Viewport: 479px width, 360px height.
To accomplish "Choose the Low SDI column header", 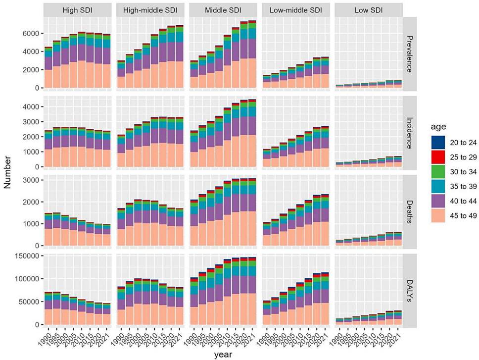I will pyautogui.click(x=368, y=10).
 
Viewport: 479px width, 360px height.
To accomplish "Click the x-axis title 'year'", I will pyautogui.click(x=223, y=354).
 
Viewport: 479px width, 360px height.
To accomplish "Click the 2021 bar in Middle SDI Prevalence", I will pyautogui.click(x=252, y=54).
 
